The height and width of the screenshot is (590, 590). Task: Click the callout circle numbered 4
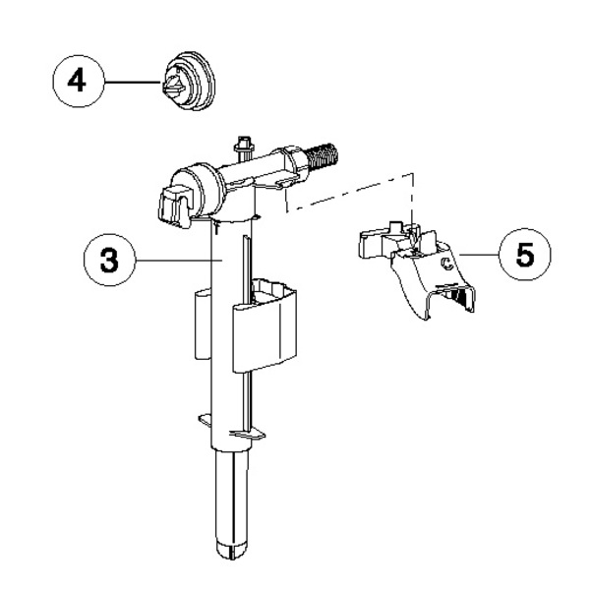pyautogui.click(x=79, y=82)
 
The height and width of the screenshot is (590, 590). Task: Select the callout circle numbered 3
pyautogui.click(x=109, y=260)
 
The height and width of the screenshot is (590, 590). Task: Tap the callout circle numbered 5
pyautogui.click(x=525, y=255)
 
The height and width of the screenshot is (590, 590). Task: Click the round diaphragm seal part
pyautogui.click(x=189, y=81)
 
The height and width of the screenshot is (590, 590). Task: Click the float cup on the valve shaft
pyautogui.click(x=265, y=324)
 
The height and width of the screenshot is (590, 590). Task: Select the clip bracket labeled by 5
pyautogui.click(x=417, y=270)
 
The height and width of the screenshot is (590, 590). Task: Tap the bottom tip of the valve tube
pyautogui.click(x=231, y=556)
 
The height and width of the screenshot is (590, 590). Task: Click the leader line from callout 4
pyautogui.click(x=133, y=82)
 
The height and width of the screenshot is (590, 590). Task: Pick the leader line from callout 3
pyautogui.click(x=180, y=260)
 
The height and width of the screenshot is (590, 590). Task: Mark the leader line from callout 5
pyautogui.click(x=479, y=255)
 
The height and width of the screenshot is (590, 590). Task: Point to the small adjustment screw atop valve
pyautogui.click(x=244, y=145)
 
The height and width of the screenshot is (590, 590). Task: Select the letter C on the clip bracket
pyautogui.click(x=447, y=264)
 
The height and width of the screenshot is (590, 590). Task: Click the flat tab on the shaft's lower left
pyautogui.click(x=206, y=420)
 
